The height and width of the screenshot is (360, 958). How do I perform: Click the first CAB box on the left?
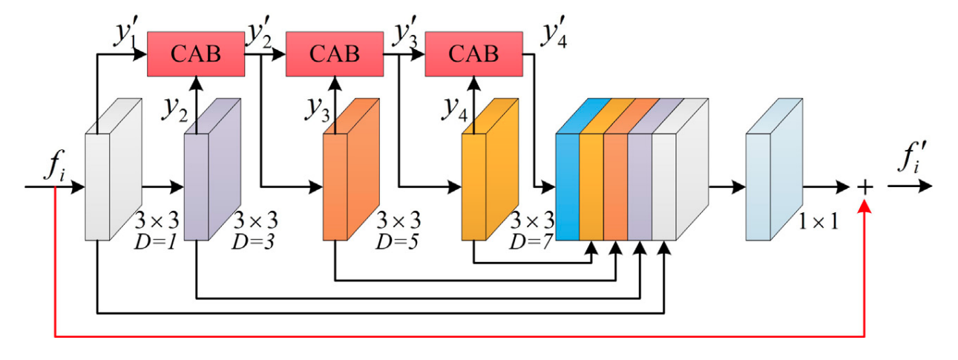196,53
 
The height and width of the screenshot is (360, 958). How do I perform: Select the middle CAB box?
334,53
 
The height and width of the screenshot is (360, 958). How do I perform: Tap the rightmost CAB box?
473,53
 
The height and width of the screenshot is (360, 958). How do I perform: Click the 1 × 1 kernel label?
818,220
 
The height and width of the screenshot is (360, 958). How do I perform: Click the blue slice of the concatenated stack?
568,182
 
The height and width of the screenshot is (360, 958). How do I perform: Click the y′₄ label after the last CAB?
556,34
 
